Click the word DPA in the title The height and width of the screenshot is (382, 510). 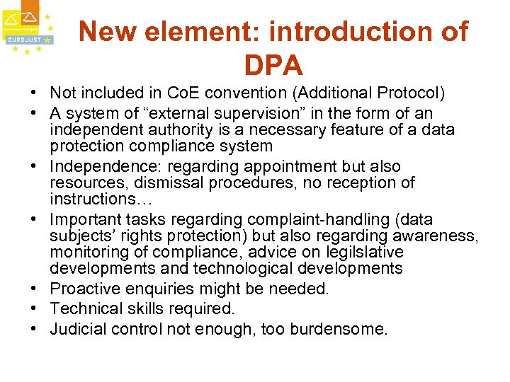click(x=273, y=65)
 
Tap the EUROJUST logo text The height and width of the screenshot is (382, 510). click(x=24, y=40)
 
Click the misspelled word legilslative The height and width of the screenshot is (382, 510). click(x=364, y=253)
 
